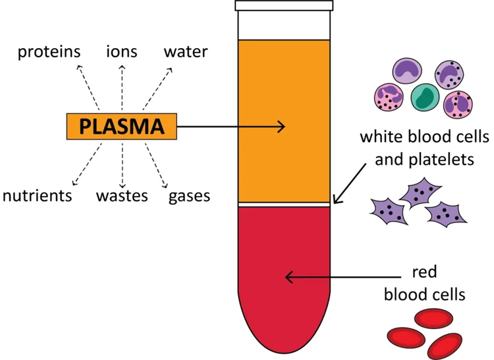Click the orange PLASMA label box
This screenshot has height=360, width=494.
click(122, 126)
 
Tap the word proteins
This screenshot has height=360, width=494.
click(49, 51)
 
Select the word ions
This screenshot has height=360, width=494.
click(121, 51)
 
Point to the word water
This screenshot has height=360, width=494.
click(186, 51)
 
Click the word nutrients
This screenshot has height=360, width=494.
click(37, 195)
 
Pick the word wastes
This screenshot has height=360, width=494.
click(122, 195)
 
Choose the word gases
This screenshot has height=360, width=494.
click(189, 195)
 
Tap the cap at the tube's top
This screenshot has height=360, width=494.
click(283, 6)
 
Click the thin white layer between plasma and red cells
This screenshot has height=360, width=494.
click(283, 205)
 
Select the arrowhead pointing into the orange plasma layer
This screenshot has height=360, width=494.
click(282, 126)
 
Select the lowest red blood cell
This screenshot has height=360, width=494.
click(443, 344)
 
